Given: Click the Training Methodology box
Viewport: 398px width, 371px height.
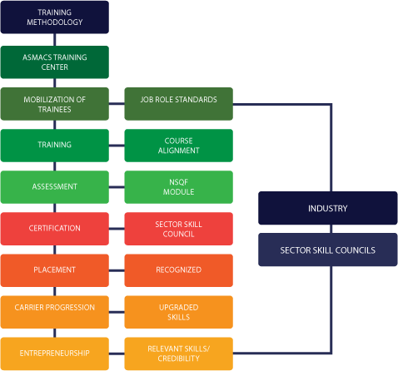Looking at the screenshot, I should coord(55,17).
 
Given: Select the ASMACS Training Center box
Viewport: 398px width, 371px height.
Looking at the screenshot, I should coord(55,61).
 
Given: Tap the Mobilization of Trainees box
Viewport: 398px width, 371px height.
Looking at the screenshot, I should coord(55,104).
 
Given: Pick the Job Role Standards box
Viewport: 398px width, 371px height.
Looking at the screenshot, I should coord(179,100).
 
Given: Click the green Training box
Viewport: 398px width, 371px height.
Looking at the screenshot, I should coord(55,145).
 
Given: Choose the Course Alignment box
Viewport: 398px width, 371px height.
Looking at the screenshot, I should coord(179,145).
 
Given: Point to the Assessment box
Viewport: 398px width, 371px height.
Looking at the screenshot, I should coord(55,187).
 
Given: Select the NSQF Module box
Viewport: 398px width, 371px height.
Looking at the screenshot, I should coord(179,187).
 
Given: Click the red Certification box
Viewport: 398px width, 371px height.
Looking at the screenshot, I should coord(55,228).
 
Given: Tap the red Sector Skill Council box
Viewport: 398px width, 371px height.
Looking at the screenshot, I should coord(179,229).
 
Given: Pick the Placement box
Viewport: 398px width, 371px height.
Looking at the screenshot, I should coord(55,270).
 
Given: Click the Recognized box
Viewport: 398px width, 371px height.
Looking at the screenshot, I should coord(179,270).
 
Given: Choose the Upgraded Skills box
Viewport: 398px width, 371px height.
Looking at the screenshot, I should coord(179,312).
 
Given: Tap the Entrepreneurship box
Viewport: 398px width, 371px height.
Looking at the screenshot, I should coord(55,354).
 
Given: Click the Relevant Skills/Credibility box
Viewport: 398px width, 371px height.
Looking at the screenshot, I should coord(179,354).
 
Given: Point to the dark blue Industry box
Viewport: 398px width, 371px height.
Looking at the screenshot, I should coord(326,208).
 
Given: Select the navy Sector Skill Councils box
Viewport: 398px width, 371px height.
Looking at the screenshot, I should coord(326,250).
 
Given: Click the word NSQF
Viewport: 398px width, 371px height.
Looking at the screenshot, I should coord(179,182).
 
